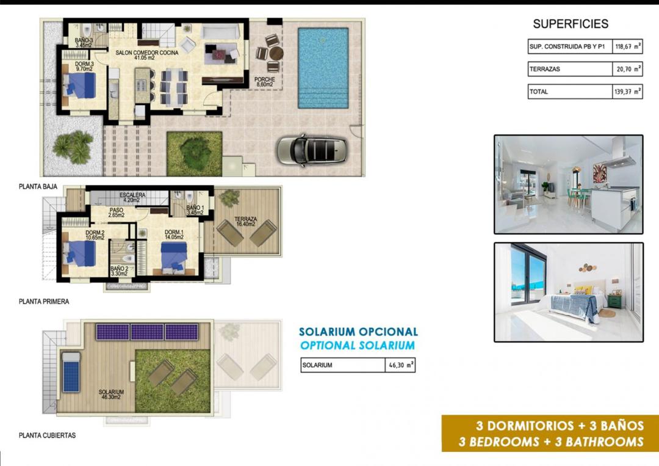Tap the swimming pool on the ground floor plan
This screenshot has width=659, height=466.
click(323, 67)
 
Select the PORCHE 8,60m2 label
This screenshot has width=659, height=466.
click(265, 82)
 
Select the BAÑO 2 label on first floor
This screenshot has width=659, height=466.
click(119, 271)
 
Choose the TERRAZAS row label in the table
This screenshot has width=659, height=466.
click(544, 69)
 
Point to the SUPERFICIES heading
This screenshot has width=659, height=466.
click(571, 24)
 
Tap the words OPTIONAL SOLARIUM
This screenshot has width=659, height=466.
click(358, 346)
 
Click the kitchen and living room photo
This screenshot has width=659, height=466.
click(568, 184)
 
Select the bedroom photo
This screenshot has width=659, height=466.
click(568, 292)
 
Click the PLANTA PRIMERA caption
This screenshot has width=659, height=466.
click(44, 301)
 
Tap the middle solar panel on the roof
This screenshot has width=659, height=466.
click(147, 332)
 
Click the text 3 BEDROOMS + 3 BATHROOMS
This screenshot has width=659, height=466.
click(551, 442)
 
